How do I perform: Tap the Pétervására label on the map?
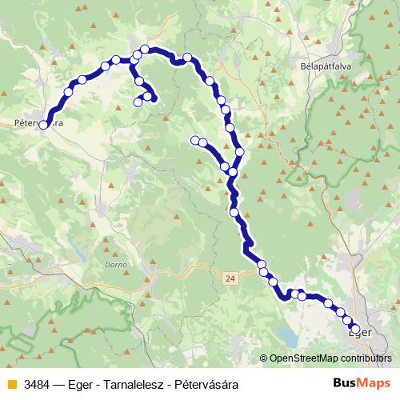click(38, 124)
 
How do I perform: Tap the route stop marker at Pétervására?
click(44, 124)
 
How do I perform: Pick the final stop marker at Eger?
click(355, 328)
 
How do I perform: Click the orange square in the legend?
click(11, 384)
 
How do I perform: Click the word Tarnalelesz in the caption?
click(135, 384)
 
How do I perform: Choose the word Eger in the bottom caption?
click(88, 384)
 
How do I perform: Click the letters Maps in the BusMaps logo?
click(370, 383)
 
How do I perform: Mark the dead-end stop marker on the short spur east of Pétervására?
click(139, 101)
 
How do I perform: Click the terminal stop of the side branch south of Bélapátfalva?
click(194, 141)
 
